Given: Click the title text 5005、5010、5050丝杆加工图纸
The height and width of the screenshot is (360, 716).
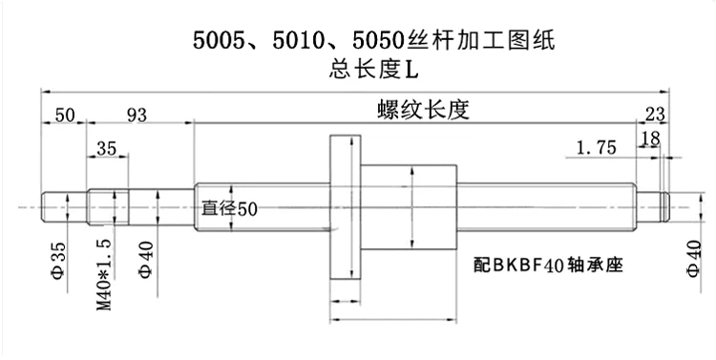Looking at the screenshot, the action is click(x=373, y=40).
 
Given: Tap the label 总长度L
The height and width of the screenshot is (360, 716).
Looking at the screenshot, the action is click(x=373, y=70).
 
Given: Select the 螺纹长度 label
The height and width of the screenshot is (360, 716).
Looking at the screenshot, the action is click(x=423, y=110).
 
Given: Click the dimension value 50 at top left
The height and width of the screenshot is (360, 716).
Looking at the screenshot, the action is click(x=64, y=116).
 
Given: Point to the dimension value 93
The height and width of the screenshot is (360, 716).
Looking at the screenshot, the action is click(x=137, y=116).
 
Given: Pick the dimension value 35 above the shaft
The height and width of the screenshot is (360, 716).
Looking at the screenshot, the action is click(x=106, y=148).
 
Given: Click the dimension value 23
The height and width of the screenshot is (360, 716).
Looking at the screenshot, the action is click(x=655, y=115).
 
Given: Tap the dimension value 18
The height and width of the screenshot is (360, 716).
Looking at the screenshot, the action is click(x=651, y=138).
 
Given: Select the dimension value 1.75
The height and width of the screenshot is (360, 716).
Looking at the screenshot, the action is click(x=597, y=148).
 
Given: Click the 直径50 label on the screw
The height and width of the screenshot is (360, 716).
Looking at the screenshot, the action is click(x=230, y=209).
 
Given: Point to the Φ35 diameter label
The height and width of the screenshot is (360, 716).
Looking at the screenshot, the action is click(x=59, y=261).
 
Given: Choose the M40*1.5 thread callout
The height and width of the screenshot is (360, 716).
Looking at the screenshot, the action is click(x=104, y=275).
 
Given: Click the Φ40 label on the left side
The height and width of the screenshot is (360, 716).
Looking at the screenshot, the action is click(x=146, y=260).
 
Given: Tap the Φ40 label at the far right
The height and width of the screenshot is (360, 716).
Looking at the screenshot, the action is click(x=694, y=258).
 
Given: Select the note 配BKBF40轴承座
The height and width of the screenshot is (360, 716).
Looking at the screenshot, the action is click(x=548, y=265).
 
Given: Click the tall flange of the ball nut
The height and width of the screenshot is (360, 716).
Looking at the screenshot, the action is click(x=346, y=207).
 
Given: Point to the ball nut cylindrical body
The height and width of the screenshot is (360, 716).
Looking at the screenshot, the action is click(x=409, y=207).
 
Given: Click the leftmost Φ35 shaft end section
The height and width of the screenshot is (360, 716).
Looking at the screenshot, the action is click(x=64, y=207).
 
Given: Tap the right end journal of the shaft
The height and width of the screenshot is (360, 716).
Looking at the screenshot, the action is click(x=653, y=207).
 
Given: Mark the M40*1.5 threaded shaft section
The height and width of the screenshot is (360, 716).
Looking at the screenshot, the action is click(x=108, y=207).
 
